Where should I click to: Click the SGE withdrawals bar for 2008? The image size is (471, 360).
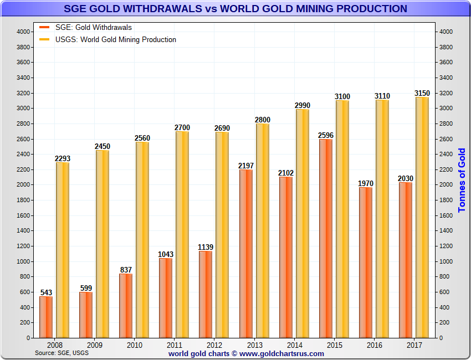(x=46, y=317)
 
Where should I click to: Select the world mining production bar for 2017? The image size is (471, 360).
(x=422, y=217)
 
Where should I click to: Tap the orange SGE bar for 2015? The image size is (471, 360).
(x=326, y=238)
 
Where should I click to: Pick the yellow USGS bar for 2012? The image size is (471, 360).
(x=222, y=234)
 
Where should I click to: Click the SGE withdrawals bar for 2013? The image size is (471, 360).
(x=246, y=253)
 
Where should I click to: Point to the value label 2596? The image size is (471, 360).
(x=326, y=135)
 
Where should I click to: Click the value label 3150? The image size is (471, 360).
(x=422, y=93)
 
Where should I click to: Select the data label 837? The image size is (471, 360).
(x=126, y=270)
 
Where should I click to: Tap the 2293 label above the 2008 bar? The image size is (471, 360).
(x=62, y=158)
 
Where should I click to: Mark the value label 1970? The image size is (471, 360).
(x=366, y=183)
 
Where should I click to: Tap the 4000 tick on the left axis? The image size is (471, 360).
(x=23, y=32)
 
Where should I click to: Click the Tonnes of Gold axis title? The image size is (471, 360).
(x=462, y=180)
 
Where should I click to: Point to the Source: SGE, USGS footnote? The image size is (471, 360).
(x=62, y=352)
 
